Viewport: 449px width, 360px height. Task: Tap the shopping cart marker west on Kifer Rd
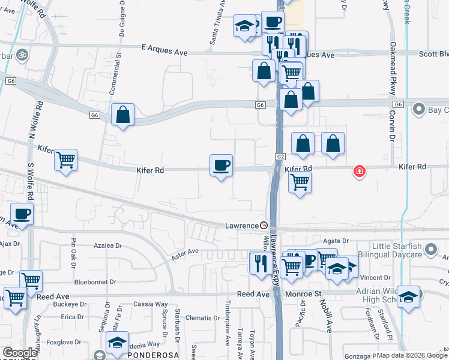coord(65,160)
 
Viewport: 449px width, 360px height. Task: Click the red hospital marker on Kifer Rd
coord(360,172)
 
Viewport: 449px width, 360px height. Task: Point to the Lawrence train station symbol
coord(263,226)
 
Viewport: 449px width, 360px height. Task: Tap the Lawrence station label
coord(241,226)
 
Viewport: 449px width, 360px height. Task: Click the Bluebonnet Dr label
coord(95,281)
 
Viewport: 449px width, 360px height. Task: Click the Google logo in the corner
coord(20,353)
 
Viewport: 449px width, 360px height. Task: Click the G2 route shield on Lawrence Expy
coord(280,157)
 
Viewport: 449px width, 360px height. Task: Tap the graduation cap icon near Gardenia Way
coord(117,343)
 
